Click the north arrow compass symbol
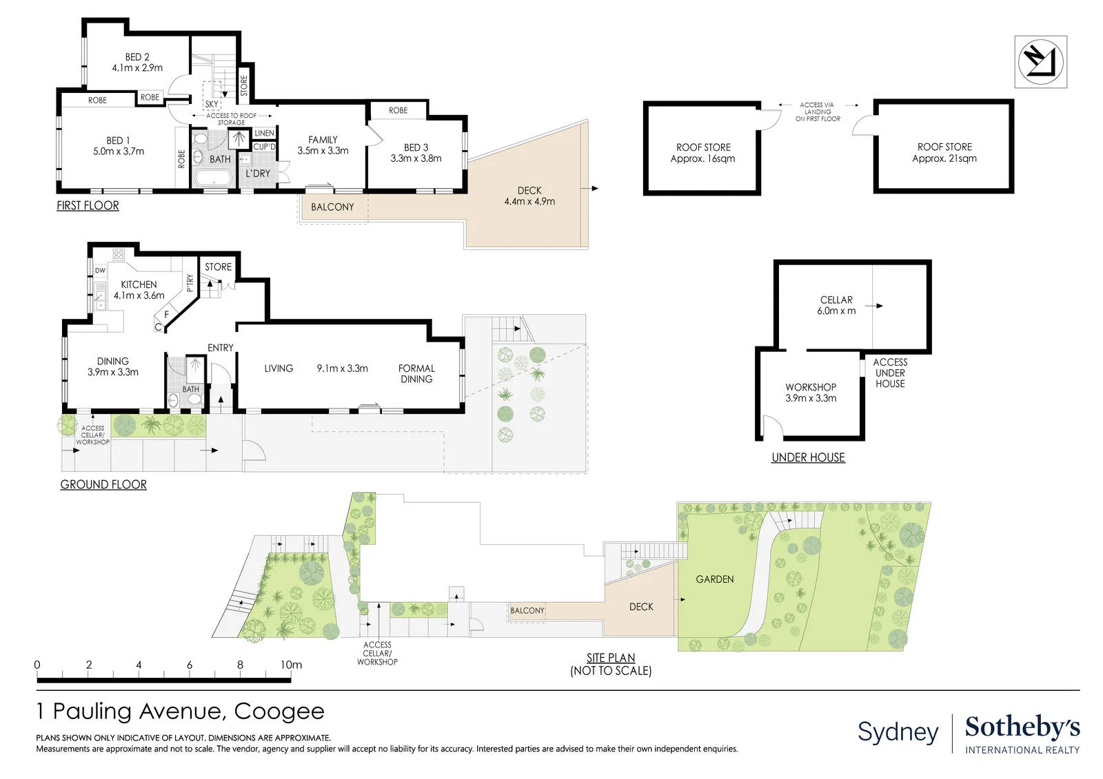point(1040,62)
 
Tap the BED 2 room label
point(137,57)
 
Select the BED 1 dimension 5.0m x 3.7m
point(119,152)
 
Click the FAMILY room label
point(323,140)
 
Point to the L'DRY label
point(258,173)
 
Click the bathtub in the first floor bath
point(214,178)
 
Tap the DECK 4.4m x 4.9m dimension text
point(529,201)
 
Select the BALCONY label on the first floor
point(332,207)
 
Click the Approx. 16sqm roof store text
point(702,159)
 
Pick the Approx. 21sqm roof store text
point(944,158)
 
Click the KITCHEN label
point(139,284)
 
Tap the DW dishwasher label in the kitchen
point(100,270)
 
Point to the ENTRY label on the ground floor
point(220,348)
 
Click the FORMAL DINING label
point(416,373)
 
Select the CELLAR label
point(836,300)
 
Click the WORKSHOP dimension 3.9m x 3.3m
point(811,398)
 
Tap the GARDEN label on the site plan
point(714,579)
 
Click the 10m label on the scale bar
point(291,665)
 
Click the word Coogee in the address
point(279,712)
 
